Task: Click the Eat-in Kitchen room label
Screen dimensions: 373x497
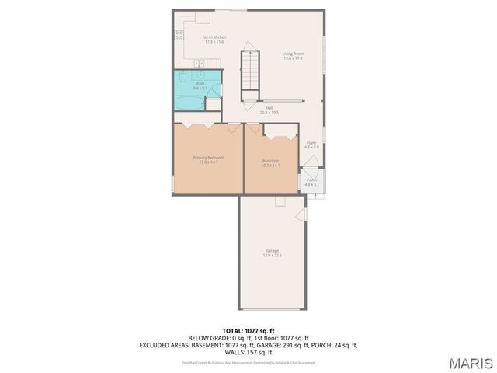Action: [214, 37]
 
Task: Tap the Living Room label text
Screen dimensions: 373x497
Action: [293, 53]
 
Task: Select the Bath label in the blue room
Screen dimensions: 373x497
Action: [200, 83]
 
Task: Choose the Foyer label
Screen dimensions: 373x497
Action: [311, 143]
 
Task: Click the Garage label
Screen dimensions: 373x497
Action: [273, 250]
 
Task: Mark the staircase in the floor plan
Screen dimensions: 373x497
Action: [249, 69]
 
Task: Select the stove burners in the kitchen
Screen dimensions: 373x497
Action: [179, 34]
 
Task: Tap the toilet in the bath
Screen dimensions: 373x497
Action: [179, 78]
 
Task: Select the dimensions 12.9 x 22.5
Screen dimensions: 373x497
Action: [273, 255]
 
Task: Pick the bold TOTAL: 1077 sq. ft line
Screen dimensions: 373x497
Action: [248, 331]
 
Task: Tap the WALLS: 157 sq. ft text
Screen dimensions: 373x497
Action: [248, 352]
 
